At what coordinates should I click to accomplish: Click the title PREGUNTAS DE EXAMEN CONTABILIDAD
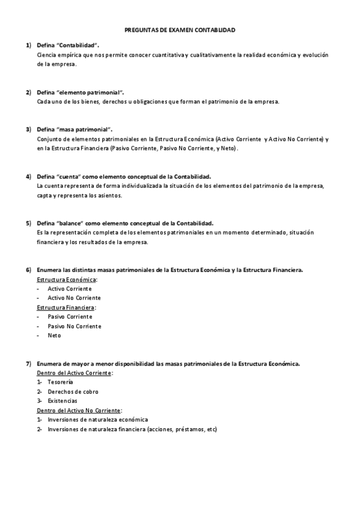pyautogui.click(x=180, y=29)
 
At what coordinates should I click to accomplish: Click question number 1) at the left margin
pyautogui.click(x=28, y=45)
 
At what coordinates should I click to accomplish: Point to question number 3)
pyautogui.click(x=28, y=129)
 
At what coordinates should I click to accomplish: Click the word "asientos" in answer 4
pyautogui.click(x=109, y=195)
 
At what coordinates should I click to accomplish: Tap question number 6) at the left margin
pyautogui.click(x=28, y=270)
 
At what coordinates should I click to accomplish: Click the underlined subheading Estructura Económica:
pyautogui.click(x=67, y=280)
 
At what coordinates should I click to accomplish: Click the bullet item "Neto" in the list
pyautogui.click(x=54, y=336)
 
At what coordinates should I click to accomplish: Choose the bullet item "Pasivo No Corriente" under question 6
pyautogui.click(x=74, y=326)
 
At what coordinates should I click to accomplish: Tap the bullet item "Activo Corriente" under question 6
pyautogui.click(x=70, y=289)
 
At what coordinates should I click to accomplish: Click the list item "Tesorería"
pyautogui.click(x=60, y=382)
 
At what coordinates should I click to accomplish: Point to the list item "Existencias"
pyautogui.click(x=63, y=401)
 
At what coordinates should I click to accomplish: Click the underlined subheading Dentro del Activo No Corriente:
pyautogui.click(x=79, y=410)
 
